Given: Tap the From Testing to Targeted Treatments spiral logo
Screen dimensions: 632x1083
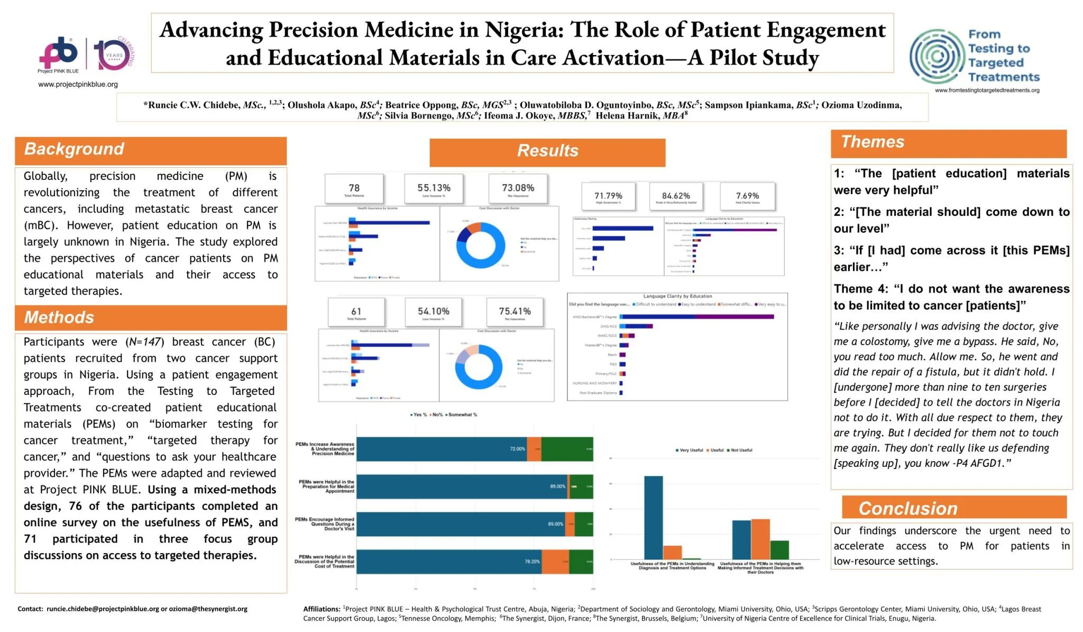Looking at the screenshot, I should (x=937, y=56).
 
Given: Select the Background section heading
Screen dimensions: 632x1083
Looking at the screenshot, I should (x=74, y=149).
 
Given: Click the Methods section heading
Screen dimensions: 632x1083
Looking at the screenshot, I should (x=59, y=318).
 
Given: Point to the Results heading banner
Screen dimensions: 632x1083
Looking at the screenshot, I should (x=547, y=151).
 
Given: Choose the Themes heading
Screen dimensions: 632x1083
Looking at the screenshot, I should (x=873, y=142).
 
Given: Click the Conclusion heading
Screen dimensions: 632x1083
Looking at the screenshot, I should (x=907, y=509).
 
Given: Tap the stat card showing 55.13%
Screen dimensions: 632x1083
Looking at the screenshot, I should (x=434, y=189).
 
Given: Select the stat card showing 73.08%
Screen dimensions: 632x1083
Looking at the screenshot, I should (x=518, y=189).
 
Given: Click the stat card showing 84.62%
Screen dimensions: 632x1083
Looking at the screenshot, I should (x=676, y=197).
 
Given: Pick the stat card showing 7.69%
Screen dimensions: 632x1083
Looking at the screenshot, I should (x=747, y=197).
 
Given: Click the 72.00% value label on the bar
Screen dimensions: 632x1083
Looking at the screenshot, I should (x=517, y=449).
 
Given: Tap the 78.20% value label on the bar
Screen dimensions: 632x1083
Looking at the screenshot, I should (x=532, y=562).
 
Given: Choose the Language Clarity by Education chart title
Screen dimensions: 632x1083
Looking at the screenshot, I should (x=677, y=296).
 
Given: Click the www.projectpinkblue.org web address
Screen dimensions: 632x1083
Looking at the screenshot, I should (x=78, y=85).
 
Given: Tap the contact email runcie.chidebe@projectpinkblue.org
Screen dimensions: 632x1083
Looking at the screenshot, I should (x=103, y=609).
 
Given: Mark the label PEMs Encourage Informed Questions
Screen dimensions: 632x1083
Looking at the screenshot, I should (x=325, y=524).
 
